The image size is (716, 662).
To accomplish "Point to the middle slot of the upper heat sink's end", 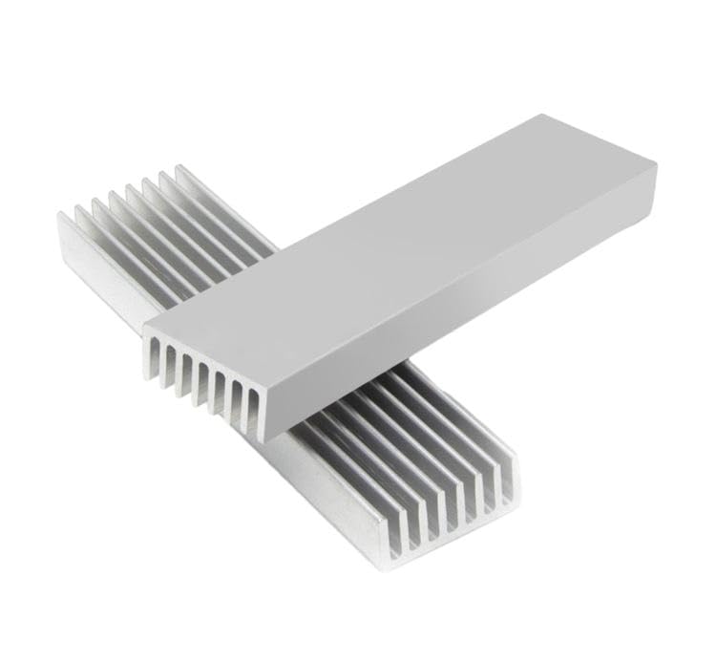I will [x=203, y=383].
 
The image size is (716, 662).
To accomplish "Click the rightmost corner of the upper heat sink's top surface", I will [x=657, y=164].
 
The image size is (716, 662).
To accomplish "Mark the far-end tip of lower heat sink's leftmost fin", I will [x=60, y=216].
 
